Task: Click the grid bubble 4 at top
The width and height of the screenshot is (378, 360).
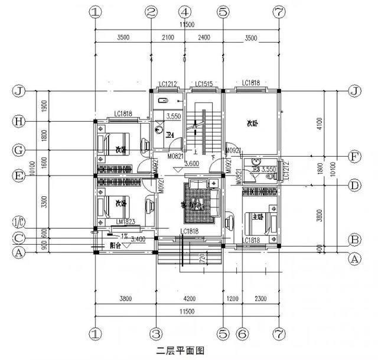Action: [x=185, y=12]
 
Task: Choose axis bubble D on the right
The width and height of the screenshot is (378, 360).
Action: [x=355, y=185]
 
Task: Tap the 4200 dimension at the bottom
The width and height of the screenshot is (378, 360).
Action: [x=188, y=299]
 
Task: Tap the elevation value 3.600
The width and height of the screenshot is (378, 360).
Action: [x=191, y=164]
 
